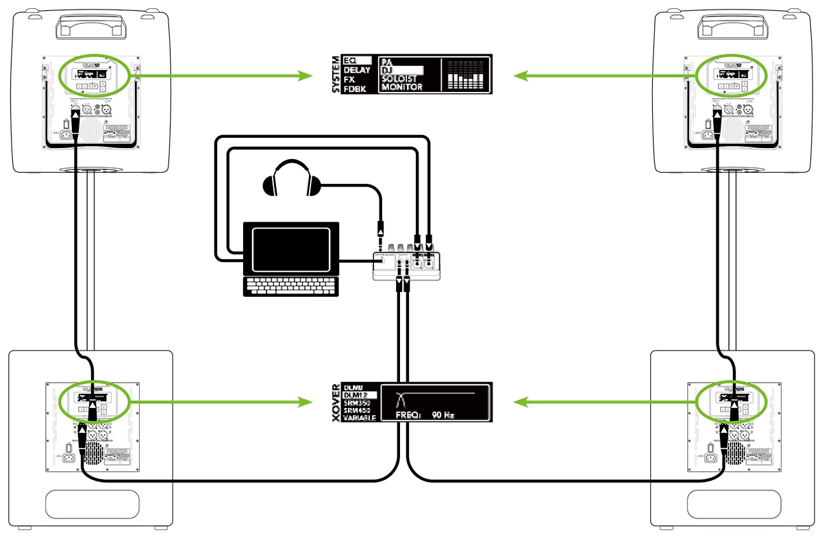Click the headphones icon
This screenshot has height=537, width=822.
(292, 180)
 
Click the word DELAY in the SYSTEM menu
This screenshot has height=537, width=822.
(357, 70)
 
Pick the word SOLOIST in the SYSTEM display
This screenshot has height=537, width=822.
(401, 79)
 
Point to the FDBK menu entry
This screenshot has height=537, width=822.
(354, 89)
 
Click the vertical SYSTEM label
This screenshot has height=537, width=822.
(336, 73)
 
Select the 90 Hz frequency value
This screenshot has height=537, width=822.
(438, 416)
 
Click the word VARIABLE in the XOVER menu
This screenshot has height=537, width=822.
(360, 418)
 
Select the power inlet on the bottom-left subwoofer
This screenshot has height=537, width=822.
(68, 455)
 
